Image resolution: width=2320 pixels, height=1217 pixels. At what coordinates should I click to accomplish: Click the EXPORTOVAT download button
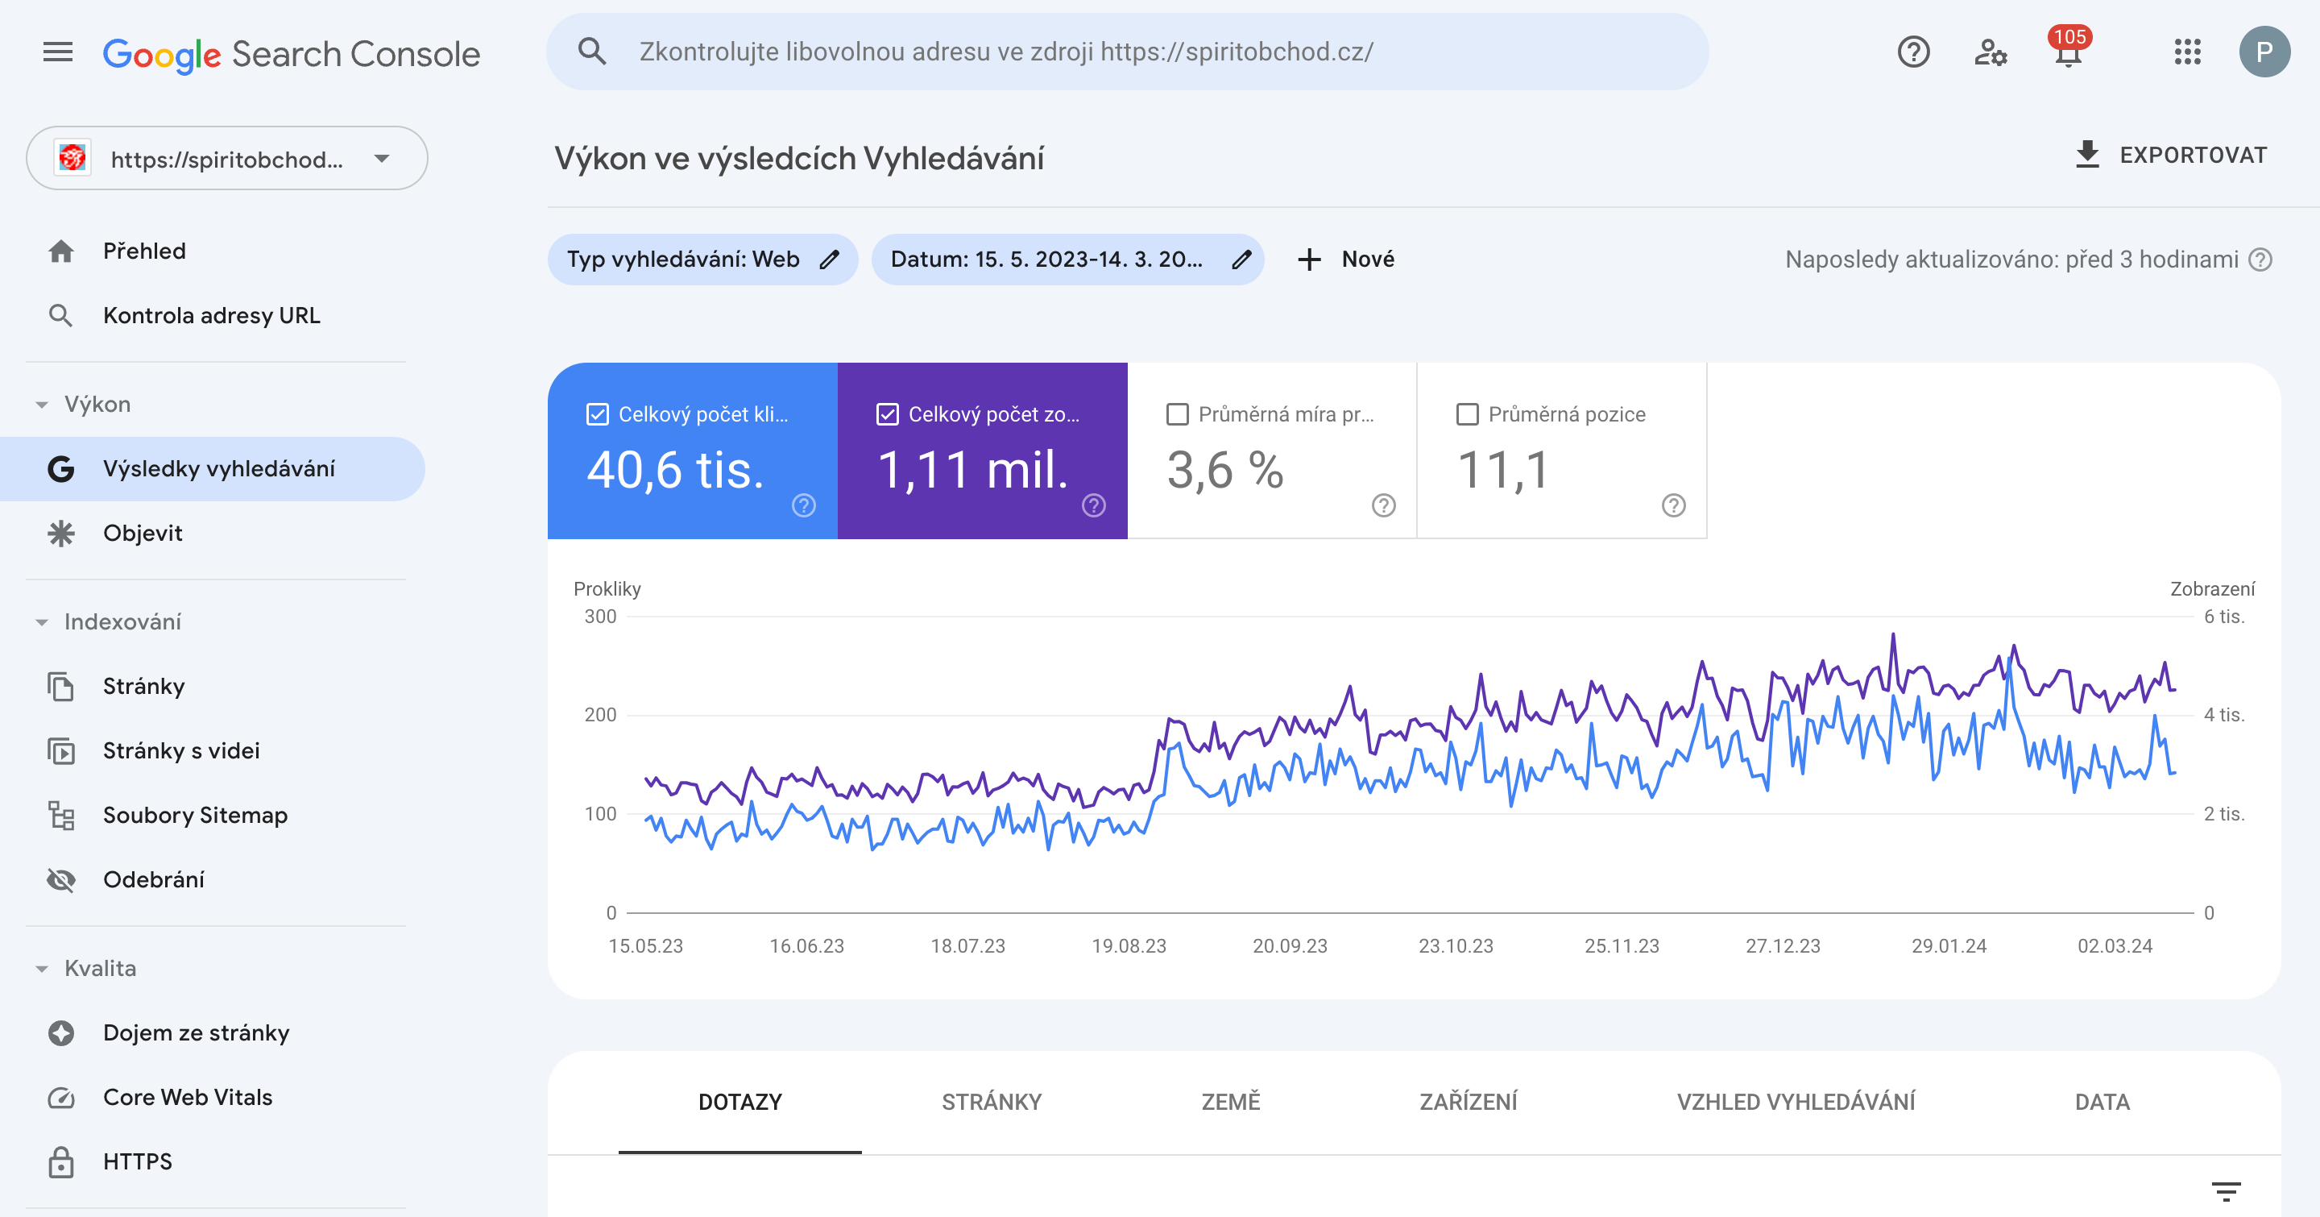point(2170,155)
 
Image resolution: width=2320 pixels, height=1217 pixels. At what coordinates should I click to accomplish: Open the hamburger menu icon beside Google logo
point(58,52)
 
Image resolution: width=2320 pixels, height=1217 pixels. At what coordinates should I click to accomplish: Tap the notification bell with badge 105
point(2069,52)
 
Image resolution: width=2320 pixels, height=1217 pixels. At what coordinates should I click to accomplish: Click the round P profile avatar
point(2264,52)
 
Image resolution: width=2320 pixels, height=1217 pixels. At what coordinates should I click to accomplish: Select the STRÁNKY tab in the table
point(992,1102)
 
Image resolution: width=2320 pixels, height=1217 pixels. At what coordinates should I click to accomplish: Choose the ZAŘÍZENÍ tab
point(1468,1102)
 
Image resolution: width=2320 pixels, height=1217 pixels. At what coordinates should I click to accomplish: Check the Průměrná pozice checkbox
point(1467,414)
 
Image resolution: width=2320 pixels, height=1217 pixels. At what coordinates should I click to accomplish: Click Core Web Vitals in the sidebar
point(188,1097)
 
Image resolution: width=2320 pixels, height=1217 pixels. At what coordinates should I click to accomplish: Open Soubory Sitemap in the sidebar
point(194,816)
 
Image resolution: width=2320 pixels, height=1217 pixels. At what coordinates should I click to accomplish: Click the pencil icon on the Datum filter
point(1242,260)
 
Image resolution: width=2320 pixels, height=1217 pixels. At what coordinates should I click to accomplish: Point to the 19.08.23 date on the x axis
point(1129,946)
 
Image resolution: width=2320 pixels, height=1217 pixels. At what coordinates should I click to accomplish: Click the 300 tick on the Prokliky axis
point(600,617)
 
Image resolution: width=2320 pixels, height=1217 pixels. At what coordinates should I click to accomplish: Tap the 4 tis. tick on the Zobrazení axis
point(2223,715)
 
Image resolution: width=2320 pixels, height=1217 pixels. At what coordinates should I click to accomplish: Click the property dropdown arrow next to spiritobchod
point(382,159)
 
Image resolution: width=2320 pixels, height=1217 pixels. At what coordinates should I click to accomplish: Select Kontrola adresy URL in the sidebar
point(211,315)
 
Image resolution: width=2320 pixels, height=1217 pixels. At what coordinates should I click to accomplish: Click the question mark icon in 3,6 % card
point(1383,505)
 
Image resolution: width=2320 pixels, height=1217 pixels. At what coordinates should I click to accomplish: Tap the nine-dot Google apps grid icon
point(2187,52)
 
